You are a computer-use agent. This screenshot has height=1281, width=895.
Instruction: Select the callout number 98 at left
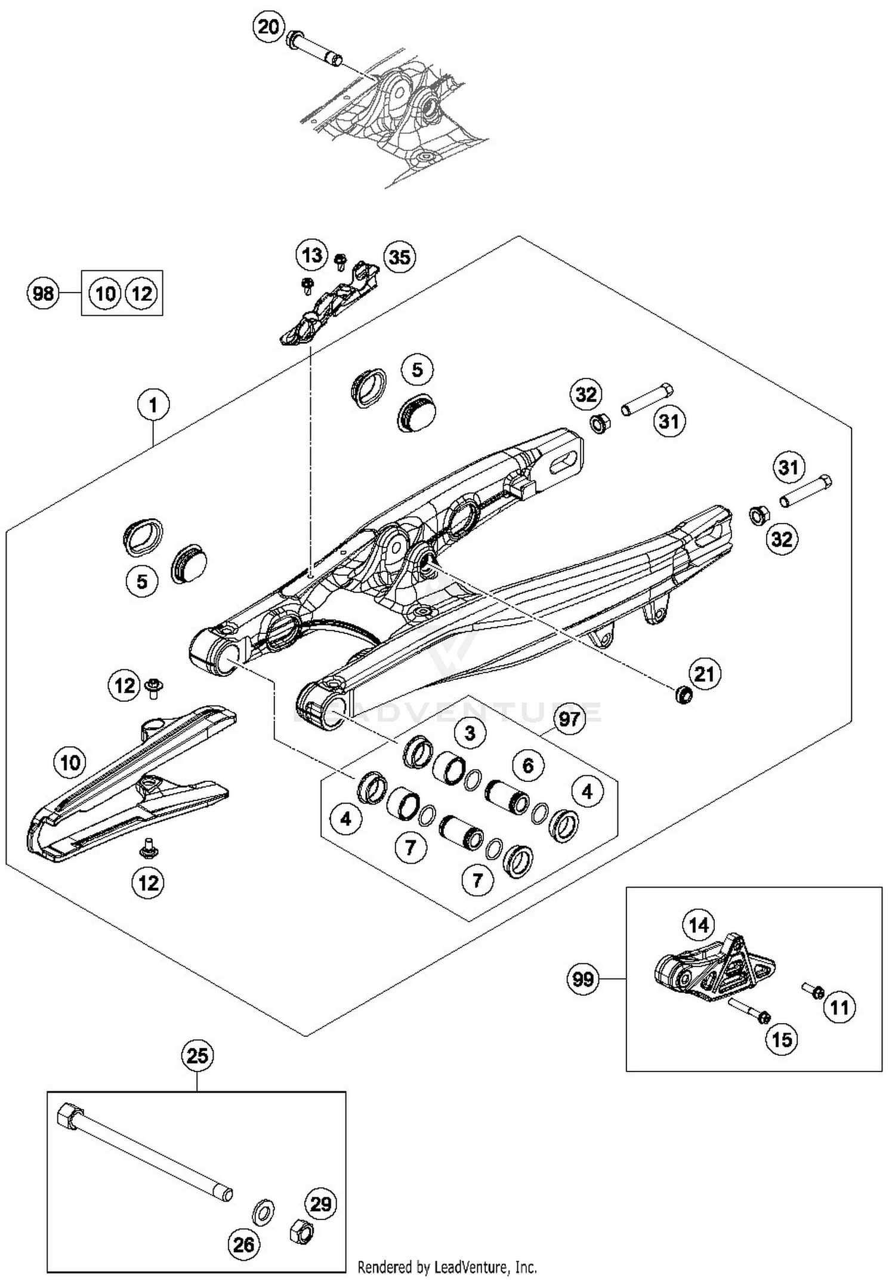43,293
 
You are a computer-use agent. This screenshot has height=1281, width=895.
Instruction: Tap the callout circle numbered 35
399,257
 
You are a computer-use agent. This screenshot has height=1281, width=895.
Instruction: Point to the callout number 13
312,255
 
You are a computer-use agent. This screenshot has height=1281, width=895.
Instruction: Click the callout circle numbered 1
153,405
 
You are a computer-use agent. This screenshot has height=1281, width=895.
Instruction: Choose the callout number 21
705,674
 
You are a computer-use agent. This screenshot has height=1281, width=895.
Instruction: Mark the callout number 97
569,719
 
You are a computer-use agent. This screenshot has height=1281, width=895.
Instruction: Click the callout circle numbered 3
470,732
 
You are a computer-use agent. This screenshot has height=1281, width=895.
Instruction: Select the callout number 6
527,765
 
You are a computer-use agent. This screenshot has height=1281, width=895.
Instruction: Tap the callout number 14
699,925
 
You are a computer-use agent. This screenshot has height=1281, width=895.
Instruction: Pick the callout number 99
583,979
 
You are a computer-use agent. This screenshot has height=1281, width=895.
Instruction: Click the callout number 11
840,1008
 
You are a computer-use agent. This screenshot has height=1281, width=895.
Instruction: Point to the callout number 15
782,1039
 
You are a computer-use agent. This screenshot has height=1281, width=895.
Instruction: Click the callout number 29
321,1204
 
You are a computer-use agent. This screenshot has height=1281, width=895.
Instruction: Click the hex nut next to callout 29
301,1231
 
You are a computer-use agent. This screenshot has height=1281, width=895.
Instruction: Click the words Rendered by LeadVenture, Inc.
447,1267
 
